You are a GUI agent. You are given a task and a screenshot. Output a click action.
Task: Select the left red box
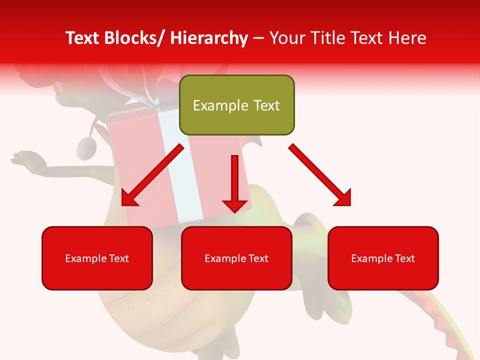click(97, 258)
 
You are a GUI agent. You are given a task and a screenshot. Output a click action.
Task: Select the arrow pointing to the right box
click(320, 174)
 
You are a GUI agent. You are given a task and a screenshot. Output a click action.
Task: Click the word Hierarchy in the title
click(209, 38)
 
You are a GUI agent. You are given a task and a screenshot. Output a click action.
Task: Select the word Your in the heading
click(286, 38)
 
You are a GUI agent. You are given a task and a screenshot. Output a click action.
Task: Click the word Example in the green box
click(217, 105)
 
